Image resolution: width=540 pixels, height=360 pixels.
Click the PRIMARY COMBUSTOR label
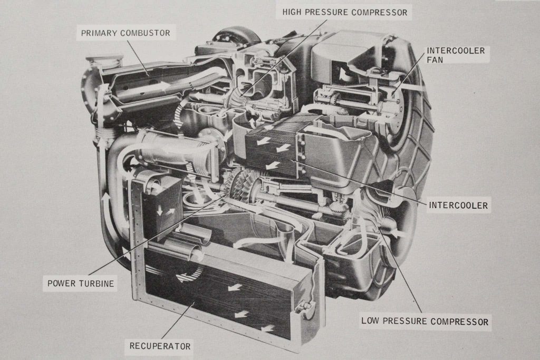pyautogui.click(x=126, y=33)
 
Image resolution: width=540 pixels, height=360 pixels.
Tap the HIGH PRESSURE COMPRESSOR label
pyautogui.click(x=345, y=12)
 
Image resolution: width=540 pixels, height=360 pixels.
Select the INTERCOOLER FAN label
pyautogui.click(x=455, y=55)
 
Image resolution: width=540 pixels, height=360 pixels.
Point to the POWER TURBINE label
pyautogui.click(x=81, y=283)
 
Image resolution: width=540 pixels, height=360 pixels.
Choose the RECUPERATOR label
pyautogui.click(x=160, y=346)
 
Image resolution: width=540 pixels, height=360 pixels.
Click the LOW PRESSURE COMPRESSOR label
pyautogui.click(x=425, y=321)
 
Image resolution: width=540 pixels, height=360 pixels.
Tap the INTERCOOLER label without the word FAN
pyautogui.click(x=458, y=206)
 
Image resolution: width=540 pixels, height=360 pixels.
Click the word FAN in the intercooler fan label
pyautogui.click(x=436, y=61)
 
